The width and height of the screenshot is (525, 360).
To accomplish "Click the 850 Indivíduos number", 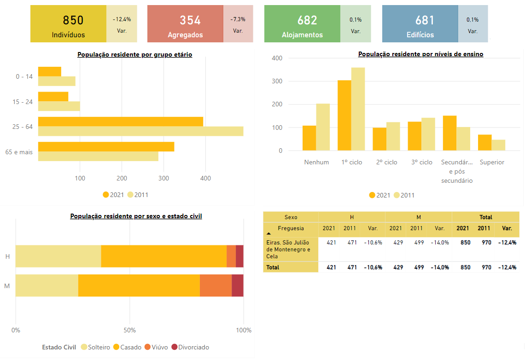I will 73,20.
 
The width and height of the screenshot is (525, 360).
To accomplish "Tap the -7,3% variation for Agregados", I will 238,19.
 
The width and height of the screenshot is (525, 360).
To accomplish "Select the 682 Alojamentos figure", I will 307,20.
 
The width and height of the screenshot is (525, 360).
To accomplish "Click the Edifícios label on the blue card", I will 420,35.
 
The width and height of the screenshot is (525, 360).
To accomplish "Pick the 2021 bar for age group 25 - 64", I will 121,122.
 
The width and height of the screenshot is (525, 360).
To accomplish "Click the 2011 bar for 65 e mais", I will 98,157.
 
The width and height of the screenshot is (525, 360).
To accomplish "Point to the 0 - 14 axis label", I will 24,76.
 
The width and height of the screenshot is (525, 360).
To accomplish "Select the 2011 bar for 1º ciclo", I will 358,109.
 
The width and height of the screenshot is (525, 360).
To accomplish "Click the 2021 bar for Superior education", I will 484,143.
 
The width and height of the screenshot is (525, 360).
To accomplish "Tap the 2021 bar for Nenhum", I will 309,138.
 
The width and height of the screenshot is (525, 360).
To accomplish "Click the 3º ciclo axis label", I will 422,163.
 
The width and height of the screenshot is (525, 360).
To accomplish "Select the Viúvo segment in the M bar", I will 216,285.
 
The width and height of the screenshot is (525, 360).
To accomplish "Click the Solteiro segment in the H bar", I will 58,256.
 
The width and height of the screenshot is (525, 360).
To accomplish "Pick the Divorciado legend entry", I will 190,347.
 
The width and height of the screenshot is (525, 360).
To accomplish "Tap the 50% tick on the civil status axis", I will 129,330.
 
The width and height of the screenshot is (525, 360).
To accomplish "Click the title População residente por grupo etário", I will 135,55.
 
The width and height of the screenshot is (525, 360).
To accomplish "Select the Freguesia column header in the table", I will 291,228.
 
